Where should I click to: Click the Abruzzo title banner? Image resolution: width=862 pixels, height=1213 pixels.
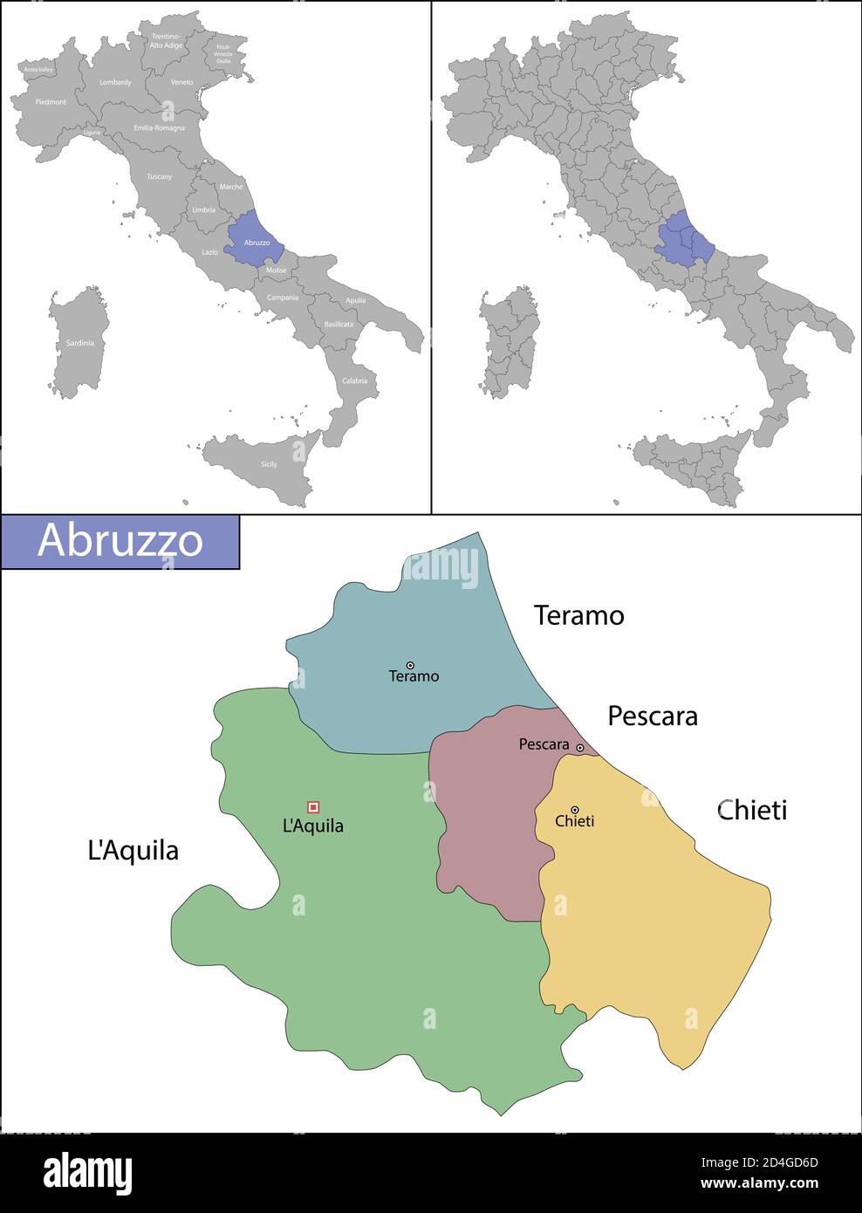120,541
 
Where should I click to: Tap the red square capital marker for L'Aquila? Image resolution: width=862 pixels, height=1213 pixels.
313,807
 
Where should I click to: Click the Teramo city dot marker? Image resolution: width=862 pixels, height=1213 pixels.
410,665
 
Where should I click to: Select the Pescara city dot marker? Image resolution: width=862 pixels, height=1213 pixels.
579,747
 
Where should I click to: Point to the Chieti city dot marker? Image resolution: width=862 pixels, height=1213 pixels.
574,810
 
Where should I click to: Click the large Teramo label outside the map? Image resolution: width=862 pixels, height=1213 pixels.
578,616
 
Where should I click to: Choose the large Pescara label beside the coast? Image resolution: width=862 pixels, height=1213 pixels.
652,716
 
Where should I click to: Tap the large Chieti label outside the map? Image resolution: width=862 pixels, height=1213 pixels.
751,810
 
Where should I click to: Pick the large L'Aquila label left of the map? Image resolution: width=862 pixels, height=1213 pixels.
133,850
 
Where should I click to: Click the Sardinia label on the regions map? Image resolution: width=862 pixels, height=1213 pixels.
79,344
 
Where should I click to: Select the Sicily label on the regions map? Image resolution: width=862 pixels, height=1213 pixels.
269,464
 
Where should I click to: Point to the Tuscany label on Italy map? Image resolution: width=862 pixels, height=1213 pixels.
159,177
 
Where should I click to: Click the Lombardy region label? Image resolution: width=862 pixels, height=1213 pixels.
115,83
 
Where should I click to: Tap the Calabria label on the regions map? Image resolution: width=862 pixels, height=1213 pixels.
354,381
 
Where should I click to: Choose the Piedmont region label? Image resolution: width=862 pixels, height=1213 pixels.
51,102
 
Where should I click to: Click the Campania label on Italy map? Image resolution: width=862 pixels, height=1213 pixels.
283,298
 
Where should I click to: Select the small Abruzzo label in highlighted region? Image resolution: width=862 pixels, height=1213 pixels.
257,243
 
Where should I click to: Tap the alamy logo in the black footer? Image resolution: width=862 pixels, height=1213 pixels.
88,1173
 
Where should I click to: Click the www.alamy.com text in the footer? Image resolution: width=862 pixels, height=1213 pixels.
760,1183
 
